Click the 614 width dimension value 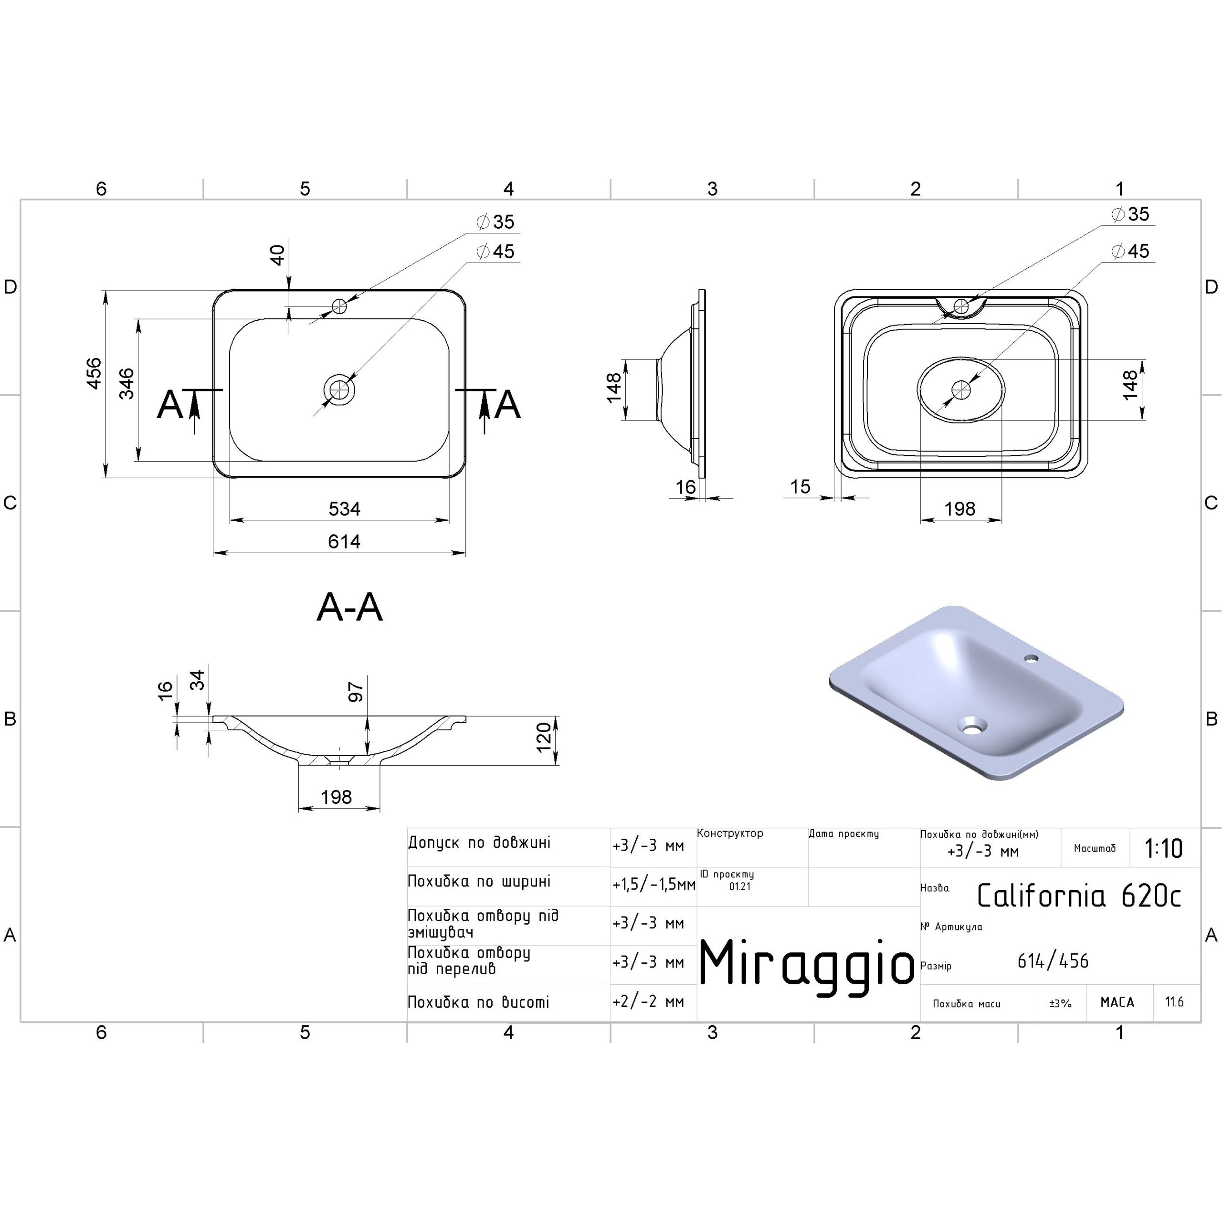344,541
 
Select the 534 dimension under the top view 344,508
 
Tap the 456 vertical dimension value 94,373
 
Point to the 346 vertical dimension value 126,383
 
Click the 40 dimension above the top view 277,255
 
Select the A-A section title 350,607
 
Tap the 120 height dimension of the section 543,737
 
